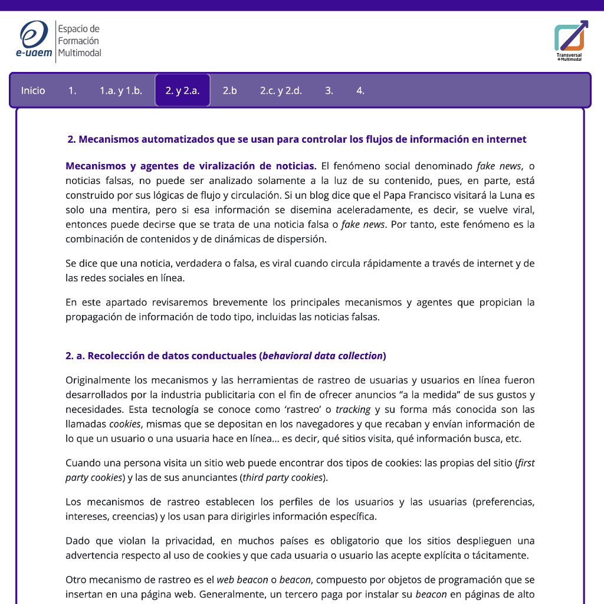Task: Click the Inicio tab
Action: [33, 90]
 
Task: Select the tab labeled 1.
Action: [73, 90]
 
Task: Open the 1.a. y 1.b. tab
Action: [121, 90]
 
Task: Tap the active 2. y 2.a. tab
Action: [182, 90]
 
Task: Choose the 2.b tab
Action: [229, 90]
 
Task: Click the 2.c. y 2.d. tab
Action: [281, 90]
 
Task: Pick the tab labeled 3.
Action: [329, 90]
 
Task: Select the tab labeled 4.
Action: [360, 90]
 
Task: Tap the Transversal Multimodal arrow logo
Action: [570, 39]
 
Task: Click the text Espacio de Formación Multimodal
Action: [79, 41]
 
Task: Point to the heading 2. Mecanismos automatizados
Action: [297, 139]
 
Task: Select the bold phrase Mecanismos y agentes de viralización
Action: [191, 166]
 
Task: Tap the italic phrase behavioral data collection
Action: [322, 356]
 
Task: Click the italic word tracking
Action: [353, 409]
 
